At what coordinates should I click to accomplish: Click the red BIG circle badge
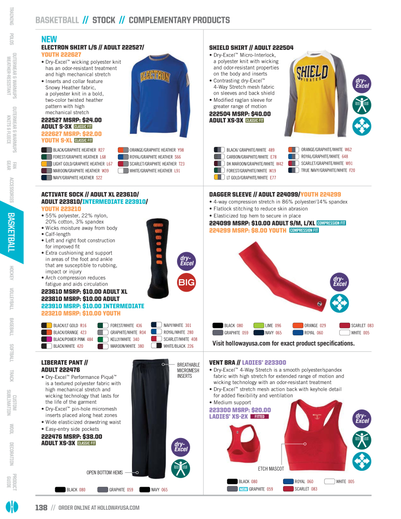186,282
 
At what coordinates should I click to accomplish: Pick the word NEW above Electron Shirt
49,39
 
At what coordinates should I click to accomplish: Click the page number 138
41,507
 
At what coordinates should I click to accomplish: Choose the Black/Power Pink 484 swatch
46,339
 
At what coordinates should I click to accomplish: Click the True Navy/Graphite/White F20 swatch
294,170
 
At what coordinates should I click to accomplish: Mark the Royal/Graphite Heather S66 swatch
123,157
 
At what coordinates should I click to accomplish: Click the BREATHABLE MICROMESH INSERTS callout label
189,371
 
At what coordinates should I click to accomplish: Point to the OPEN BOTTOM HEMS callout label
104,472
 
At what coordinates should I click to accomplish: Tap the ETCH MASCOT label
271,469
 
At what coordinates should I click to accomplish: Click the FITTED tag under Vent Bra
260,416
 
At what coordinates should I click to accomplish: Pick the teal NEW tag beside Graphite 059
243,489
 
